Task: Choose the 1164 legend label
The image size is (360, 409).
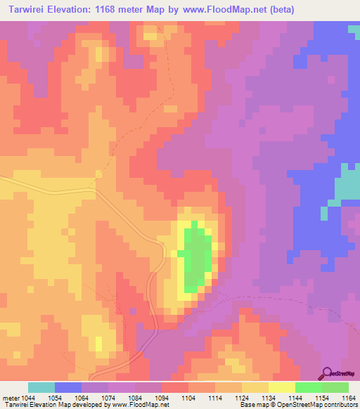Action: coord(348,398)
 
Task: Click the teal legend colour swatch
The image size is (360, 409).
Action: coord(41,387)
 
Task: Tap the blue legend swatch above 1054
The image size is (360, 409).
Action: coord(68,387)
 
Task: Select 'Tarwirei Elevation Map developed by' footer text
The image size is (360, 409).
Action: coord(48,405)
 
